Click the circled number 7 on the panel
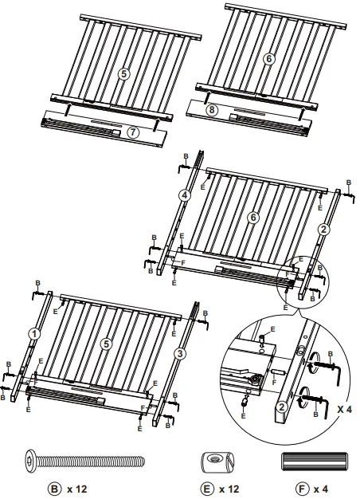point(133,132)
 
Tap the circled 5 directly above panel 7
point(123,73)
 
